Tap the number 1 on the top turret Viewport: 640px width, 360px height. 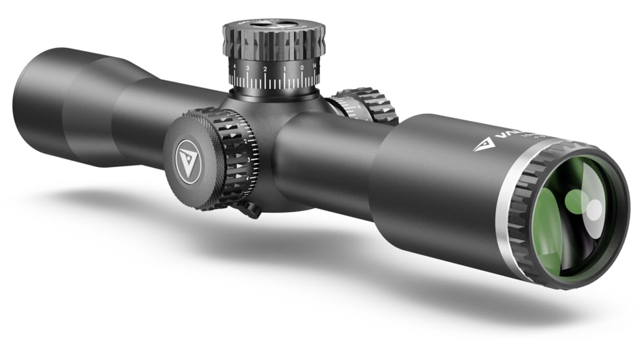click(x=284, y=68)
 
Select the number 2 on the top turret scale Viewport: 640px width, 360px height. click(x=265, y=68)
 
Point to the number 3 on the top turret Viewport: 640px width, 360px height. click(x=247, y=67)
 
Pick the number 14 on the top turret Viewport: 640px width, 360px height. click(x=315, y=65)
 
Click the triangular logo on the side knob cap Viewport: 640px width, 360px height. click(x=187, y=159)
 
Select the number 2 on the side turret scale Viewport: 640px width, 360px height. click(x=245, y=141)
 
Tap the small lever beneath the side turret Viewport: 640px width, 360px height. click(x=250, y=209)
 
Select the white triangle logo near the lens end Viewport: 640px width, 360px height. click(x=484, y=144)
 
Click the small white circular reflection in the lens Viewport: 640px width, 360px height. click(x=594, y=210)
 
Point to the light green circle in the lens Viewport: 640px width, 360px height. click(x=576, y=200)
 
